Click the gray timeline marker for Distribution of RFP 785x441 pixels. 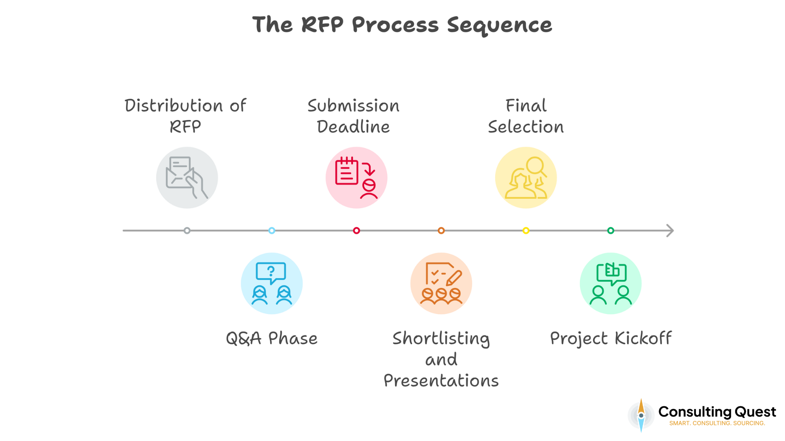[x=187, y=231]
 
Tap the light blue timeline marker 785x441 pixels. [x=271, y=231]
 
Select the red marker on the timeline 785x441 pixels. [x=357, y=231]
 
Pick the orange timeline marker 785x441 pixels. [x=441, y=231]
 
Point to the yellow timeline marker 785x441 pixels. [x=526, y=231]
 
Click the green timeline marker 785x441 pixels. [x=610, y=231]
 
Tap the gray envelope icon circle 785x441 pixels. [x=187, y=178]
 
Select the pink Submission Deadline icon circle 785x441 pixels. [x=357, y=178]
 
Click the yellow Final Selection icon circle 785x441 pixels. [x=526, y=178]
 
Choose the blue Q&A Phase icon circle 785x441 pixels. [x=271, y=283]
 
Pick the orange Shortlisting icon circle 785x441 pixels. [x=441, y=283]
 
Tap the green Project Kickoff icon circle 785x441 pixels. [x=610, y=283]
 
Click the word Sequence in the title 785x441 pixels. [x=499, y=25]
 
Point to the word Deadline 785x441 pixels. [x=353, y=127]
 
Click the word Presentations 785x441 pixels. [x=441, y=381]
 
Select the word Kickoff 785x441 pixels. [x=643, y=339]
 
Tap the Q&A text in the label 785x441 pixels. [x=244, y=339]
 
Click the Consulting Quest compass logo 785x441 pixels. [x=641, y=415]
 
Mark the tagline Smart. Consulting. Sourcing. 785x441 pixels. [x=717, y=423]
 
